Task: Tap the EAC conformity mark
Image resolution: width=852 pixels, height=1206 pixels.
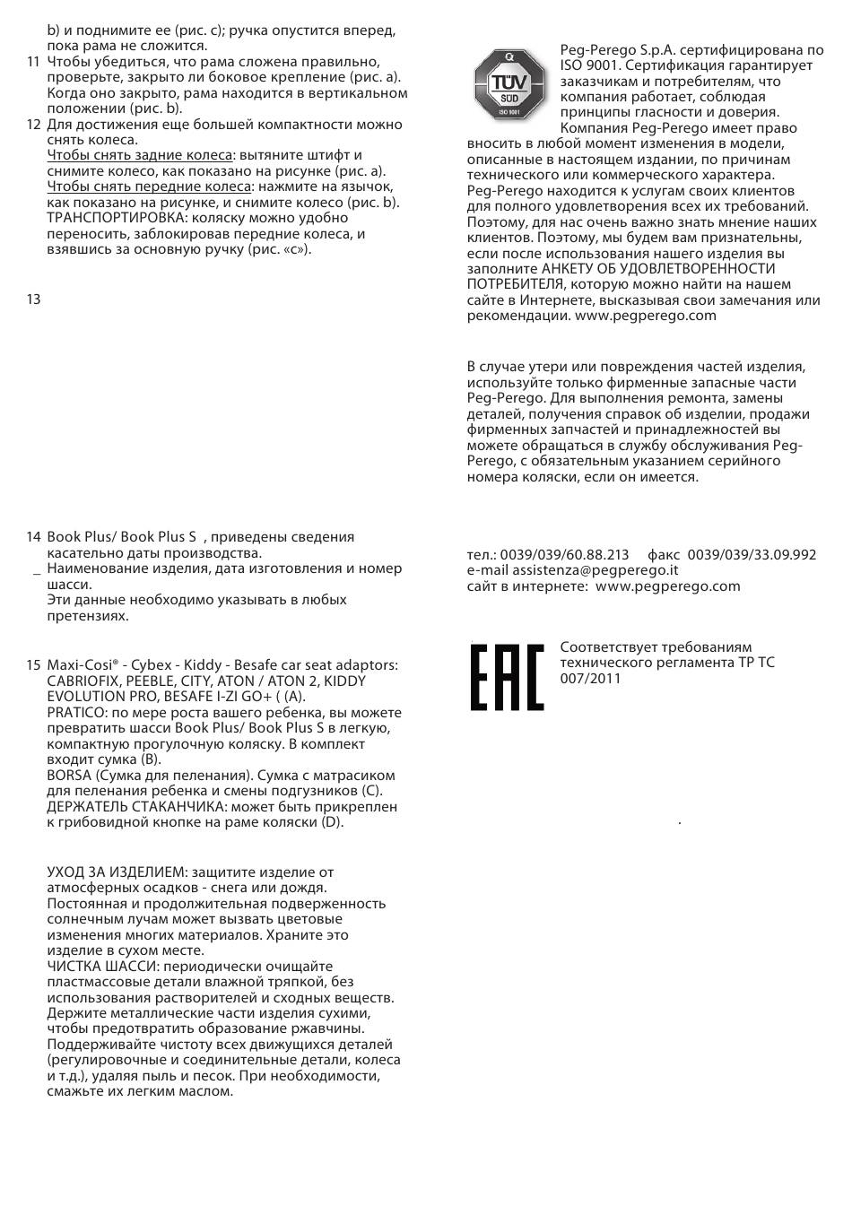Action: coord(507,676)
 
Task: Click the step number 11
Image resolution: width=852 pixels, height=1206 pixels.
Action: coord(33,62)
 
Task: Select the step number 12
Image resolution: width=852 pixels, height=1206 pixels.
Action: coord(33,125)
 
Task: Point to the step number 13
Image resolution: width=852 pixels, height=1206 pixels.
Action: coord(33,299)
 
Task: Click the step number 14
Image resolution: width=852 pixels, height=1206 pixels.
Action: coord(33,537)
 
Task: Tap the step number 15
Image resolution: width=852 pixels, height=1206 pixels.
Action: coord(33,665)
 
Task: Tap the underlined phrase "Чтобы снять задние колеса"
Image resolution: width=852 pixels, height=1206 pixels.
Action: coord(139,155)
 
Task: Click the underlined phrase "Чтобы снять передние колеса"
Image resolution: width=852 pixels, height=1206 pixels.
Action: coord(149,187)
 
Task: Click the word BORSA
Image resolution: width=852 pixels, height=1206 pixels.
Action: coord(69,776)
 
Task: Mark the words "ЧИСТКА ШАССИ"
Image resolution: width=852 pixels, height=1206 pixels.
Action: coord(100,967)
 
